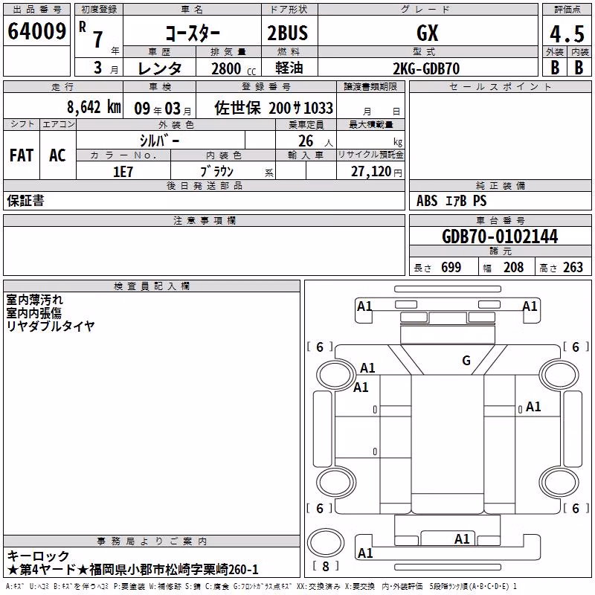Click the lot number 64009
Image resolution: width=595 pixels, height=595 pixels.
[x=36, y=31]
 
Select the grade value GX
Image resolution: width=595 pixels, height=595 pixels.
[x=427, y=33]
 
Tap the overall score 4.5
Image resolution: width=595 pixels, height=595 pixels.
[x=567, y=33]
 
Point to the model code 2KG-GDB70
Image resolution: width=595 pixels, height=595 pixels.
[x=426, y=68]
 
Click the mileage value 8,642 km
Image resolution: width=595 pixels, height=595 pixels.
[x=94, y=107]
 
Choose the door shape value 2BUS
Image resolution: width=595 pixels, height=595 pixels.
[x=288, y=33]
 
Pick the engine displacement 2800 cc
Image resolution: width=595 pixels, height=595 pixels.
[x=234, y=68]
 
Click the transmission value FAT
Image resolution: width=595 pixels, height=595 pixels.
[x=22, y=155]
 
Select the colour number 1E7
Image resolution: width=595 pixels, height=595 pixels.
[x=123, y=172]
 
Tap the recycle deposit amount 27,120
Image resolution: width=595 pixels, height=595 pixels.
[x=371, y=172]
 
